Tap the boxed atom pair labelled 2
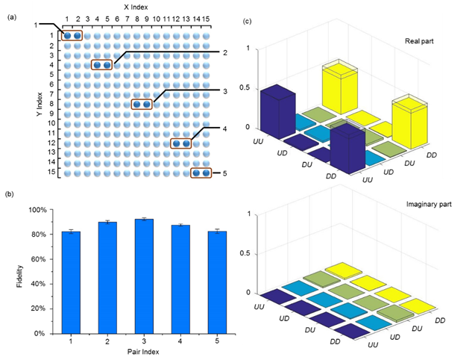tap(102, 65)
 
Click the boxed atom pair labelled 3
tap(142, 105)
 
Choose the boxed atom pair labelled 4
tap(181, 143)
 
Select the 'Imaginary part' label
tap(426, 204)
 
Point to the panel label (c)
tap(248, 21)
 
